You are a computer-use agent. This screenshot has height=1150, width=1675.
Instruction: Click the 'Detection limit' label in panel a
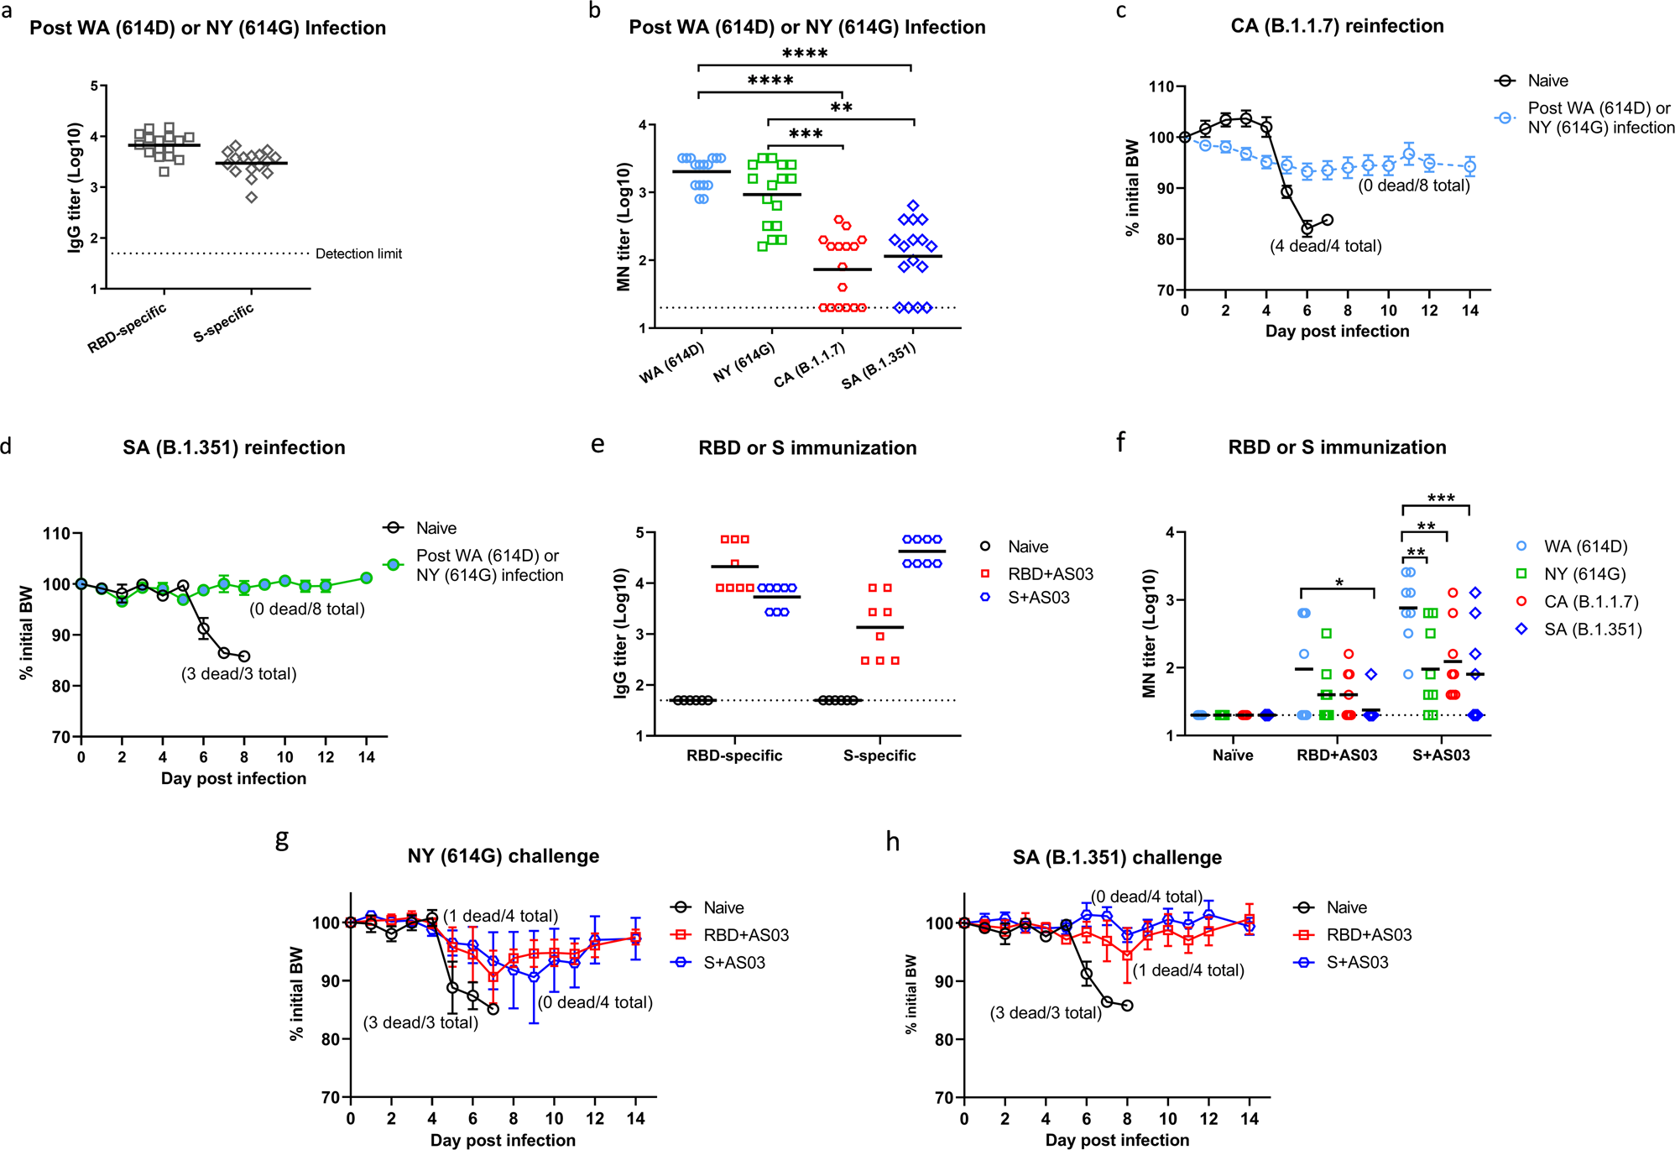tap(358, 254)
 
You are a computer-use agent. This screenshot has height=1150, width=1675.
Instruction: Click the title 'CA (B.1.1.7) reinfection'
tap(1337, 26)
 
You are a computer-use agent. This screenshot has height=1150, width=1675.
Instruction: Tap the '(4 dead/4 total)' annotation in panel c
tap(1325, 246)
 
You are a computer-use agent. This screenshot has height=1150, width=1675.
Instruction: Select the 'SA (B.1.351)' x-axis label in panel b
tap(879, 366)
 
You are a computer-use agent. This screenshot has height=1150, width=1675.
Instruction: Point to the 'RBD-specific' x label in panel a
tap(128, 328)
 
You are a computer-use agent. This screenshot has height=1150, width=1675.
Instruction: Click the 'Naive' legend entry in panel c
tap(1547, 81)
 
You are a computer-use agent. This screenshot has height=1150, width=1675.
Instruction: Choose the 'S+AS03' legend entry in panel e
tap(1038, 598)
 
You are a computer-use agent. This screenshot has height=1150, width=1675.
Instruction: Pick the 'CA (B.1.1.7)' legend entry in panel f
tap(1590, 602)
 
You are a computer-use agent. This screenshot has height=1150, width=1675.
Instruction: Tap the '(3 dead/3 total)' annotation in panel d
tap(239, 673)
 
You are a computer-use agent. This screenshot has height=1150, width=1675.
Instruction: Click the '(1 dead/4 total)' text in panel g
tap(500, 916)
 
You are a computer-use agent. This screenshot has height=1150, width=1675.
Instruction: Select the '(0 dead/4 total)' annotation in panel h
tap(1146, 896)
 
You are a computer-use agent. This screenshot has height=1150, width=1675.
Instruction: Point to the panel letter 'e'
tap(597, 445)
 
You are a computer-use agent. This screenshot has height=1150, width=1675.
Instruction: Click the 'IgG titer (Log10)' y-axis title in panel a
tap(75, 187)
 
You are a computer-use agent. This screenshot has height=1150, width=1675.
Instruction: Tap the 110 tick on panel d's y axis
tap(59, 534)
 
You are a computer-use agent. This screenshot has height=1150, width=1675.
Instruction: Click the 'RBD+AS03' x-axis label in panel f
tap(1337, 755)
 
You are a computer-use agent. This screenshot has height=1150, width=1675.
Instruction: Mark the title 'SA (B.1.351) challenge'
tap(1117, 857)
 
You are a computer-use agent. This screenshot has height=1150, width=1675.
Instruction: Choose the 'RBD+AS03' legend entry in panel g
tap(746, 935)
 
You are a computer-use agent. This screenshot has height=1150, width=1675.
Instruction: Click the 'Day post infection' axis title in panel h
tap(1117, 1140)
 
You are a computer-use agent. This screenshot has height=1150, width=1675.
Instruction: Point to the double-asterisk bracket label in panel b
tap(841, 108)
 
